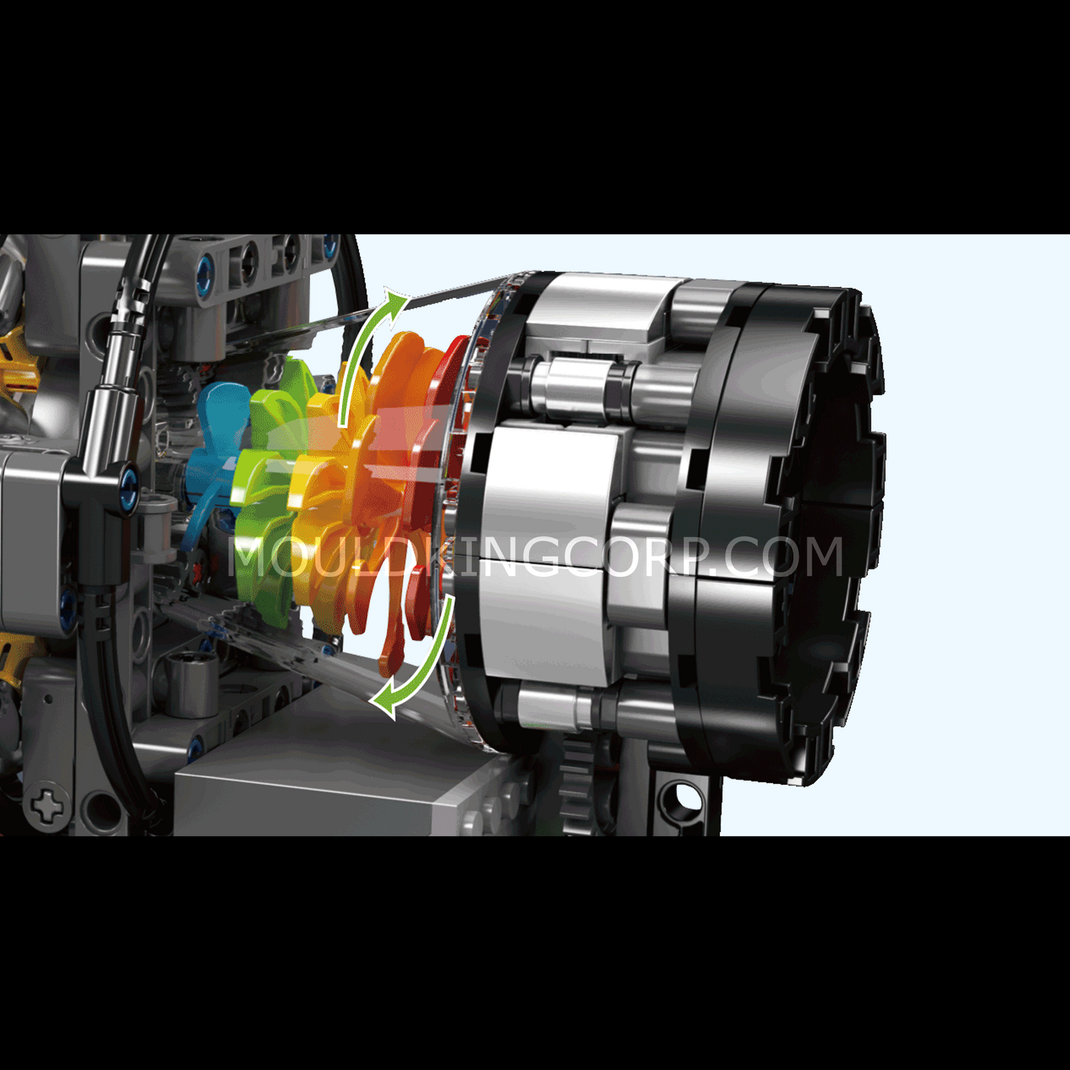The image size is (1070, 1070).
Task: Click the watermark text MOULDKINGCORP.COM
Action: point(535,557)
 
